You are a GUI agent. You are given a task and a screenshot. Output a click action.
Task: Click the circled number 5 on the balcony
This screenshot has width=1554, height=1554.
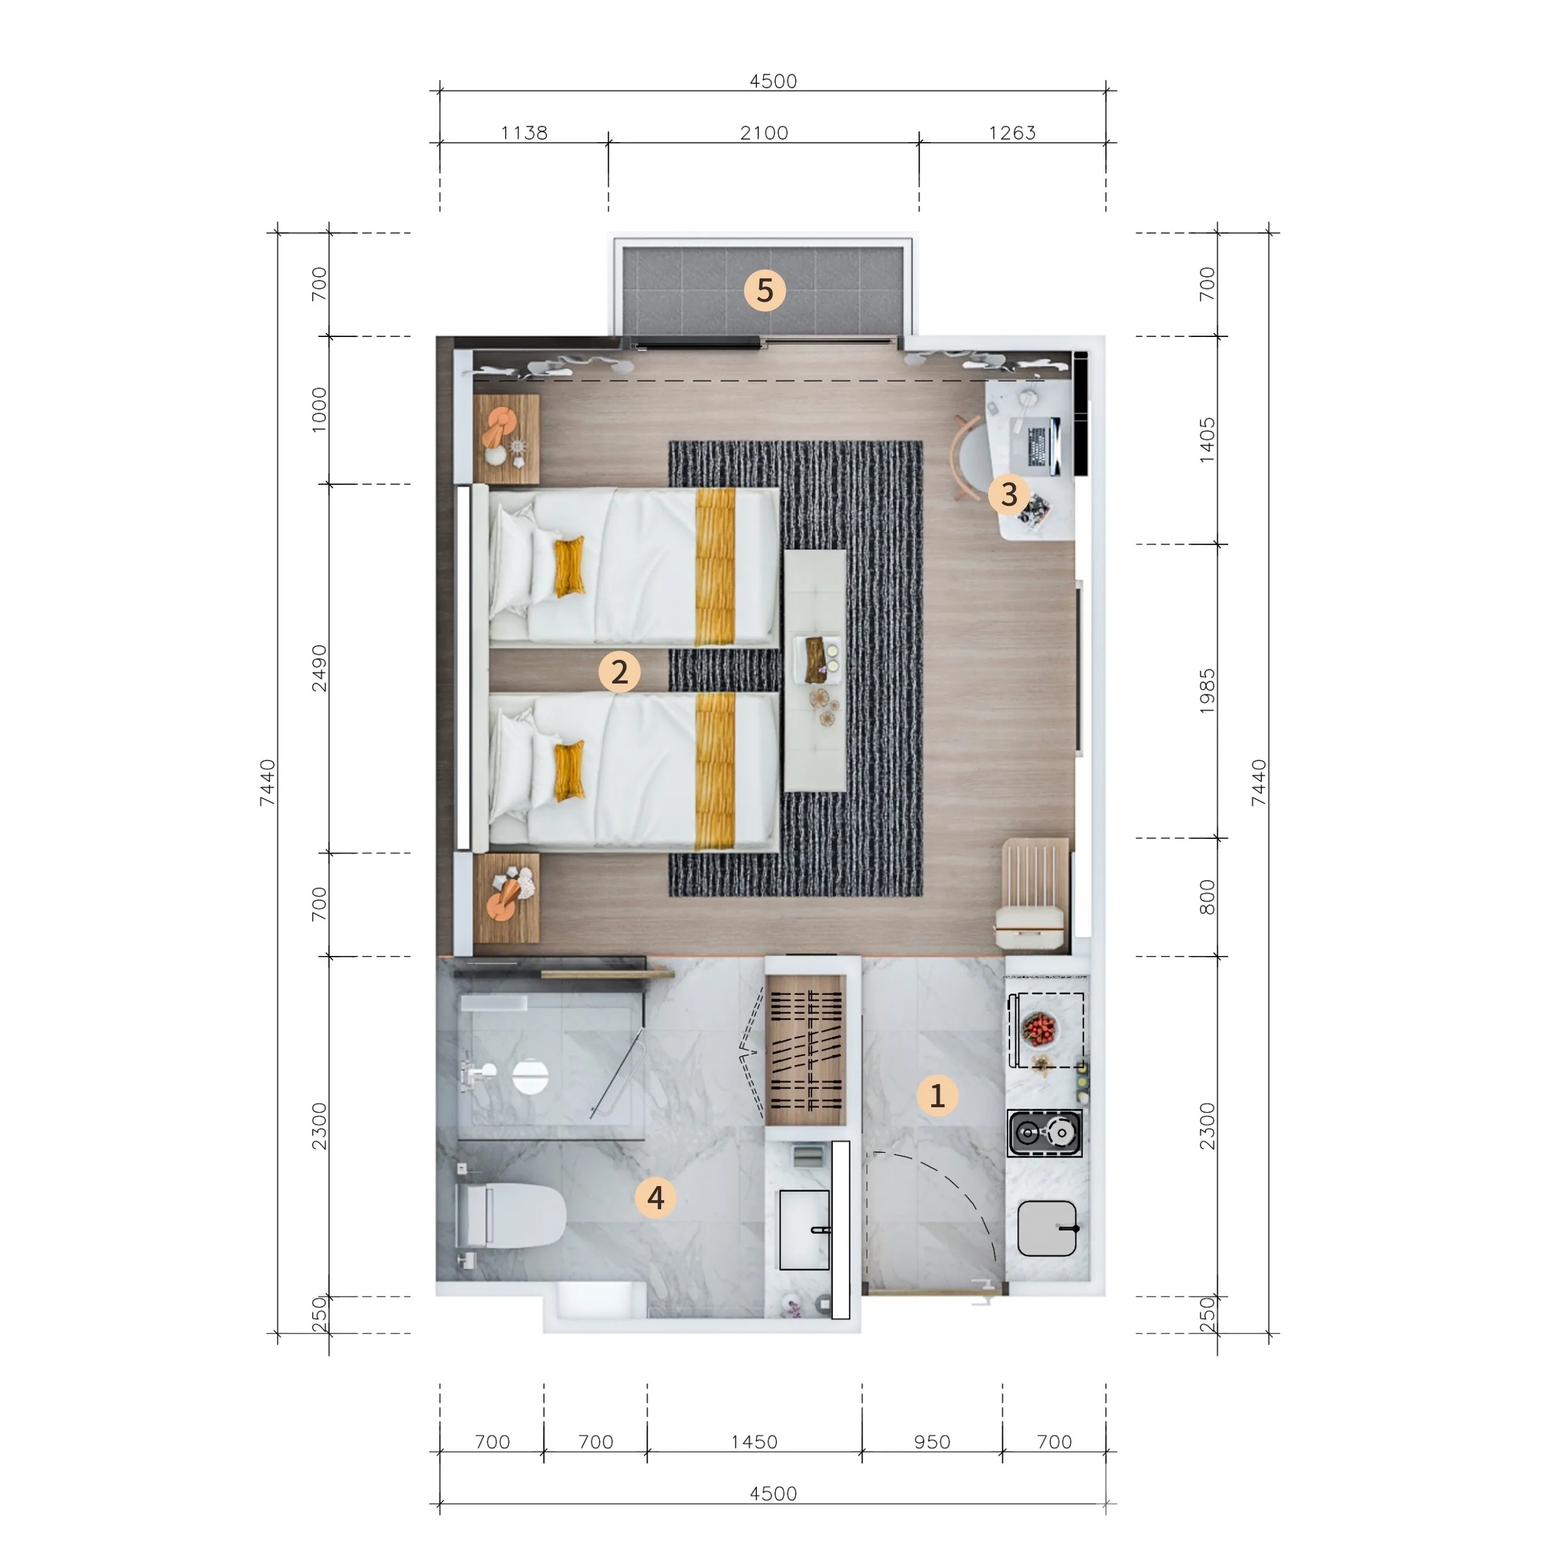(x=764, y=290)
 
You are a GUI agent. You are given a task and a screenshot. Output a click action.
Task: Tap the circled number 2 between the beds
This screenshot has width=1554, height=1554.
(x=619, y=671)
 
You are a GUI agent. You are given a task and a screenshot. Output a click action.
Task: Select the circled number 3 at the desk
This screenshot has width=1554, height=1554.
(x=1009, y=494)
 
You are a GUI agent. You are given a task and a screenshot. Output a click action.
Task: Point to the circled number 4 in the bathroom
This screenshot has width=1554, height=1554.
(x=656, y=1198)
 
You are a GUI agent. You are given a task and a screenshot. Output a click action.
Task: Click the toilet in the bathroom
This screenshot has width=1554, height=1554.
(x=510, y=1215)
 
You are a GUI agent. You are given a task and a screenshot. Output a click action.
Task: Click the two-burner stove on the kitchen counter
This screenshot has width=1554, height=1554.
(x=1044, y=1133)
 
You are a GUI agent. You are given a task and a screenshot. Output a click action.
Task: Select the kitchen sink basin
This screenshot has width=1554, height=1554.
(x=1047, y=1228)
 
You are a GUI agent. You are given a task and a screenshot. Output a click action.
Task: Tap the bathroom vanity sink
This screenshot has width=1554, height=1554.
(x=804, y=1230)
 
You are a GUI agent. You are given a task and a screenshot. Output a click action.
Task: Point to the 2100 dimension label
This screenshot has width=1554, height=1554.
(x=764, y=133)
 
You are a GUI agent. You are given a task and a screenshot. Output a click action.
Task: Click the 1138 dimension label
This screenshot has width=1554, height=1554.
(x=524, y=133)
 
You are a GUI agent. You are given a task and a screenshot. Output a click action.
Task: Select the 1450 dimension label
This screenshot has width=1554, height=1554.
(x=754, y=1441)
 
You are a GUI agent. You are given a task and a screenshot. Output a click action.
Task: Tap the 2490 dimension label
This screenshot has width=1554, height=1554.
(x=319, y=668)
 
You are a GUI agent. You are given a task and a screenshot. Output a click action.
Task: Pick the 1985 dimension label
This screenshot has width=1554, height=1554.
(x=1207, y=691)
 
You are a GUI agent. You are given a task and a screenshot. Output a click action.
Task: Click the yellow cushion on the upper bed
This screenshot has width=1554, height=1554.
(x=569, y=567)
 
